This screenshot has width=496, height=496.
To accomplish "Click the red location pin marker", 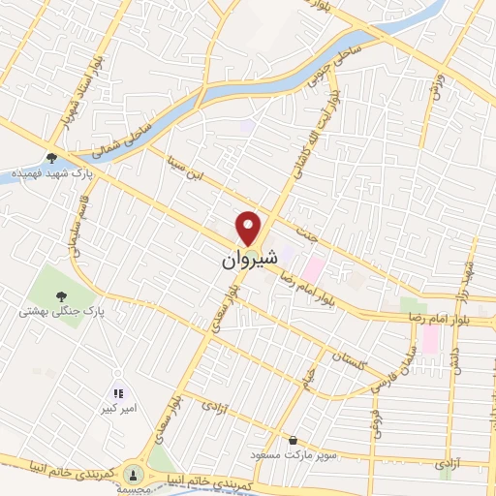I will (x=250, y=229).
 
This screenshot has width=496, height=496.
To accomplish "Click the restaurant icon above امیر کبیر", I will (x=119, y=393).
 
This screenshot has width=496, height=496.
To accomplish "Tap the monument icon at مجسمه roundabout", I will (x=136, y=474).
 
